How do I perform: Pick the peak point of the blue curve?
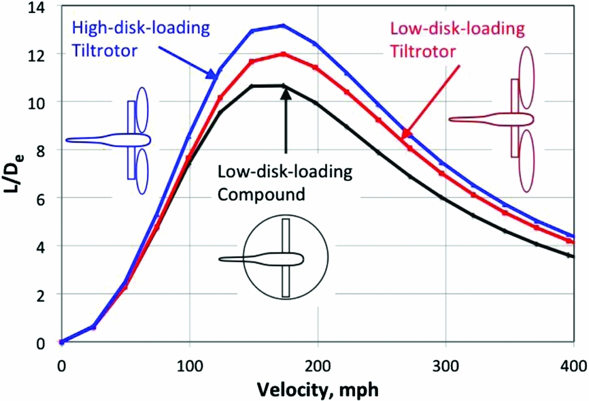click(x=284, y=26)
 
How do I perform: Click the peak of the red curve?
click(x=284, y=54)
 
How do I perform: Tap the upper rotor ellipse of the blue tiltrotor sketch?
click(x=141, y=109)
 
